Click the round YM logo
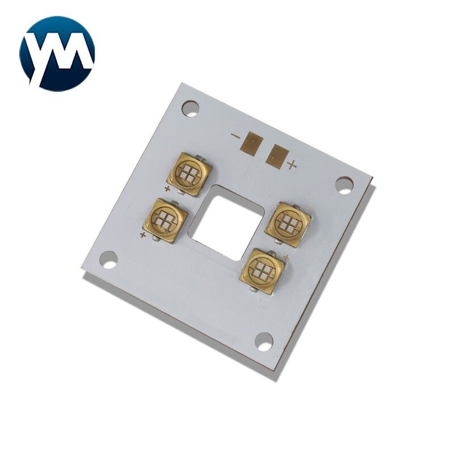pyautogui.click(x=57, y=53)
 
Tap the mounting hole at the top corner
pyautogui.click(x=191, y=108)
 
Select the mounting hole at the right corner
pyautogui.click(x=345, y=185)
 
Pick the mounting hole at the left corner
pyautogui.click(x=108, y=259)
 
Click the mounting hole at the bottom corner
pyautogui.click(x=263, y=342)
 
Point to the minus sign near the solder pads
pyautogui.click(x=236, y=136)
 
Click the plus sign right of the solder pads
pyautogui.click(x=292, y=165)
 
